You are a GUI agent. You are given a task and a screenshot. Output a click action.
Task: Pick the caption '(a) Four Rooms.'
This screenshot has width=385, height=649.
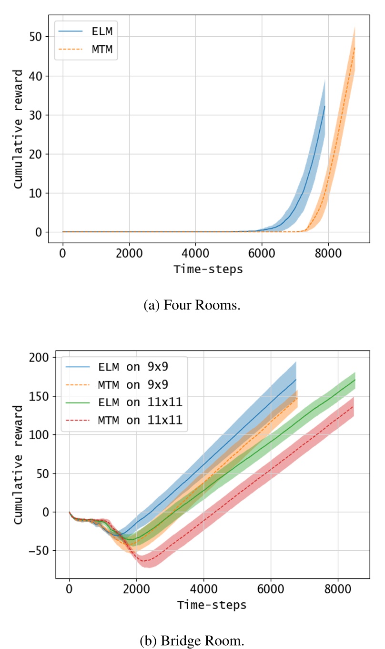192,305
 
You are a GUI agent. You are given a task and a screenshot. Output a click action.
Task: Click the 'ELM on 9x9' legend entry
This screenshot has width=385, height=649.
124,367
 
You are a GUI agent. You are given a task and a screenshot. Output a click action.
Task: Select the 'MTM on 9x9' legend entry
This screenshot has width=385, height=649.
124,384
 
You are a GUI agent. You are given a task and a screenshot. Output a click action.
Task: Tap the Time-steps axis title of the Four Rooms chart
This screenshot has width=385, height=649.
208,269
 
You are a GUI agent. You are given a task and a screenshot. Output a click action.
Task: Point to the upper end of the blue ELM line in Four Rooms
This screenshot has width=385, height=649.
324,106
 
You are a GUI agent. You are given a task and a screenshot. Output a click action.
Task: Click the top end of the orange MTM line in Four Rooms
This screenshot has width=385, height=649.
355,47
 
